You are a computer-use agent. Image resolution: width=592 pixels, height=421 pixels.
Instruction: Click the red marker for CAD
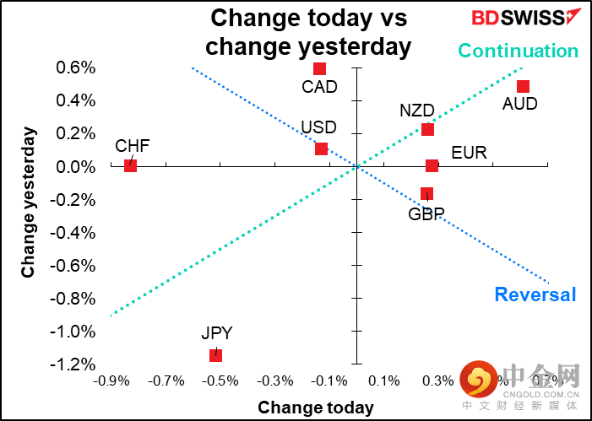(x=319, y=69)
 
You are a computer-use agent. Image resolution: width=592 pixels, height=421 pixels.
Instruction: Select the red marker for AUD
(x=523, y=87)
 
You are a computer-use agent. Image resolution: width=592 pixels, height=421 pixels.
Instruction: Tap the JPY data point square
(x=215, y=355)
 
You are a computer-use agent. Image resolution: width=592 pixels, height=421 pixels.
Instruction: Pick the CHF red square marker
(x=130, y=165)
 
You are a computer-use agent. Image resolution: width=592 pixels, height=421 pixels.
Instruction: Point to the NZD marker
(x=427, y=129)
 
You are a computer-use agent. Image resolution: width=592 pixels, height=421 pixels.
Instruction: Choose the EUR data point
(x=432, y=166)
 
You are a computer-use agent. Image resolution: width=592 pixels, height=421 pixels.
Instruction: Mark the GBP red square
(x=426, y=194)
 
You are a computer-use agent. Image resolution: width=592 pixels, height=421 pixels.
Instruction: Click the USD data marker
(x=321, y=149)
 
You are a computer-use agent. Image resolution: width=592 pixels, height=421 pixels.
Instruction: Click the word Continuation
(x=519, y=51)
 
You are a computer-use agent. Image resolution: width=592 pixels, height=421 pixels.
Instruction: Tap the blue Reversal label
(x=535, y=294)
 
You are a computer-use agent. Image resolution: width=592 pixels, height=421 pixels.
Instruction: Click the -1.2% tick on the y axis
(x=76, y=364)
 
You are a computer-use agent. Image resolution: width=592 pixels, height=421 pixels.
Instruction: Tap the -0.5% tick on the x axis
(x=220, y=381)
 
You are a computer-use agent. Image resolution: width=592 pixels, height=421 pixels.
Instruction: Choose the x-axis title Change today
(x=316, y=408)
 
